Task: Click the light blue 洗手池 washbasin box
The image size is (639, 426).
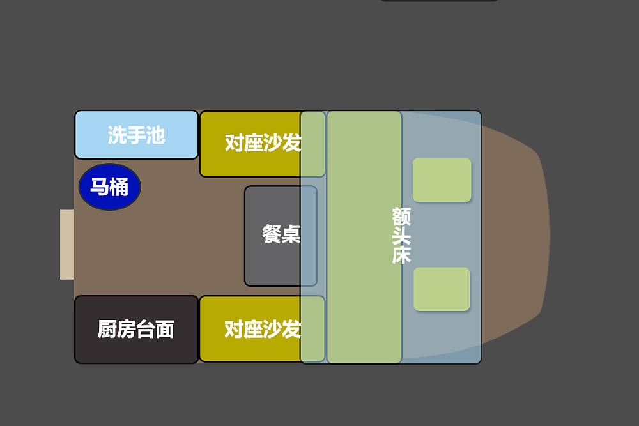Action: click(137, 135)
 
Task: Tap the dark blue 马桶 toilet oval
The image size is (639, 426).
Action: click(110, 187)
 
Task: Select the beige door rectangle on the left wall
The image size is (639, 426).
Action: click(67, 245)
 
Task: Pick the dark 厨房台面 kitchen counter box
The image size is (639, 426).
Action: click(137, 330)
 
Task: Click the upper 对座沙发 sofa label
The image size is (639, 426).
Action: click(263, 143)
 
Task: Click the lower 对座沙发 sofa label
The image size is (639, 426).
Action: click(263, 329)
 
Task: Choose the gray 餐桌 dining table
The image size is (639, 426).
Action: click(281, 236)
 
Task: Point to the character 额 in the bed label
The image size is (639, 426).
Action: click(401, 217)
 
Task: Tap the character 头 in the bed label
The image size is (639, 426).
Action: click(401, 236)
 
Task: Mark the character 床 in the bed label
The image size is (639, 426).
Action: click(401, 255)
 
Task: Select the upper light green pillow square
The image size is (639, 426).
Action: click(442, 180)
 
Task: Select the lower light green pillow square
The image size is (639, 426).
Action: click(442, 289)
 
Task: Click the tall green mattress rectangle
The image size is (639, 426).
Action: click(364, 237)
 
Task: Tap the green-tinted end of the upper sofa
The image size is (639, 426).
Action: click(312, 144)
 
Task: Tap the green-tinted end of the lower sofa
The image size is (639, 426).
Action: click(312, 329)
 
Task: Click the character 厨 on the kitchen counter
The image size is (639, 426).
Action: click(107, 330)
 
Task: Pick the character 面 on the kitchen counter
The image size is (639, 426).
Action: click(165, 330)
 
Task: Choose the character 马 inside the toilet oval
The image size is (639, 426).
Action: click(100, 187)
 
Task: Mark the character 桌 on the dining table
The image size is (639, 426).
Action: click(291, 234)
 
